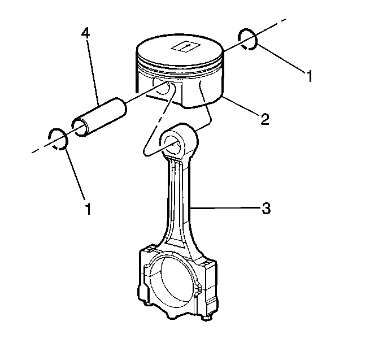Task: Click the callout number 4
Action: coord(85,33)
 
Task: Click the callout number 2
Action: coord(265,119)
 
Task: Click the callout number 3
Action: coord(266,209)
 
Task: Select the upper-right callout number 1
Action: coord(310,76)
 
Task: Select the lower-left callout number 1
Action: coord(88,209)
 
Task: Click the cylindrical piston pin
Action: coord(99,117)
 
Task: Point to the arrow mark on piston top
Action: coord(186,46)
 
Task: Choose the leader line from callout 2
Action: coord(242,106)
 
